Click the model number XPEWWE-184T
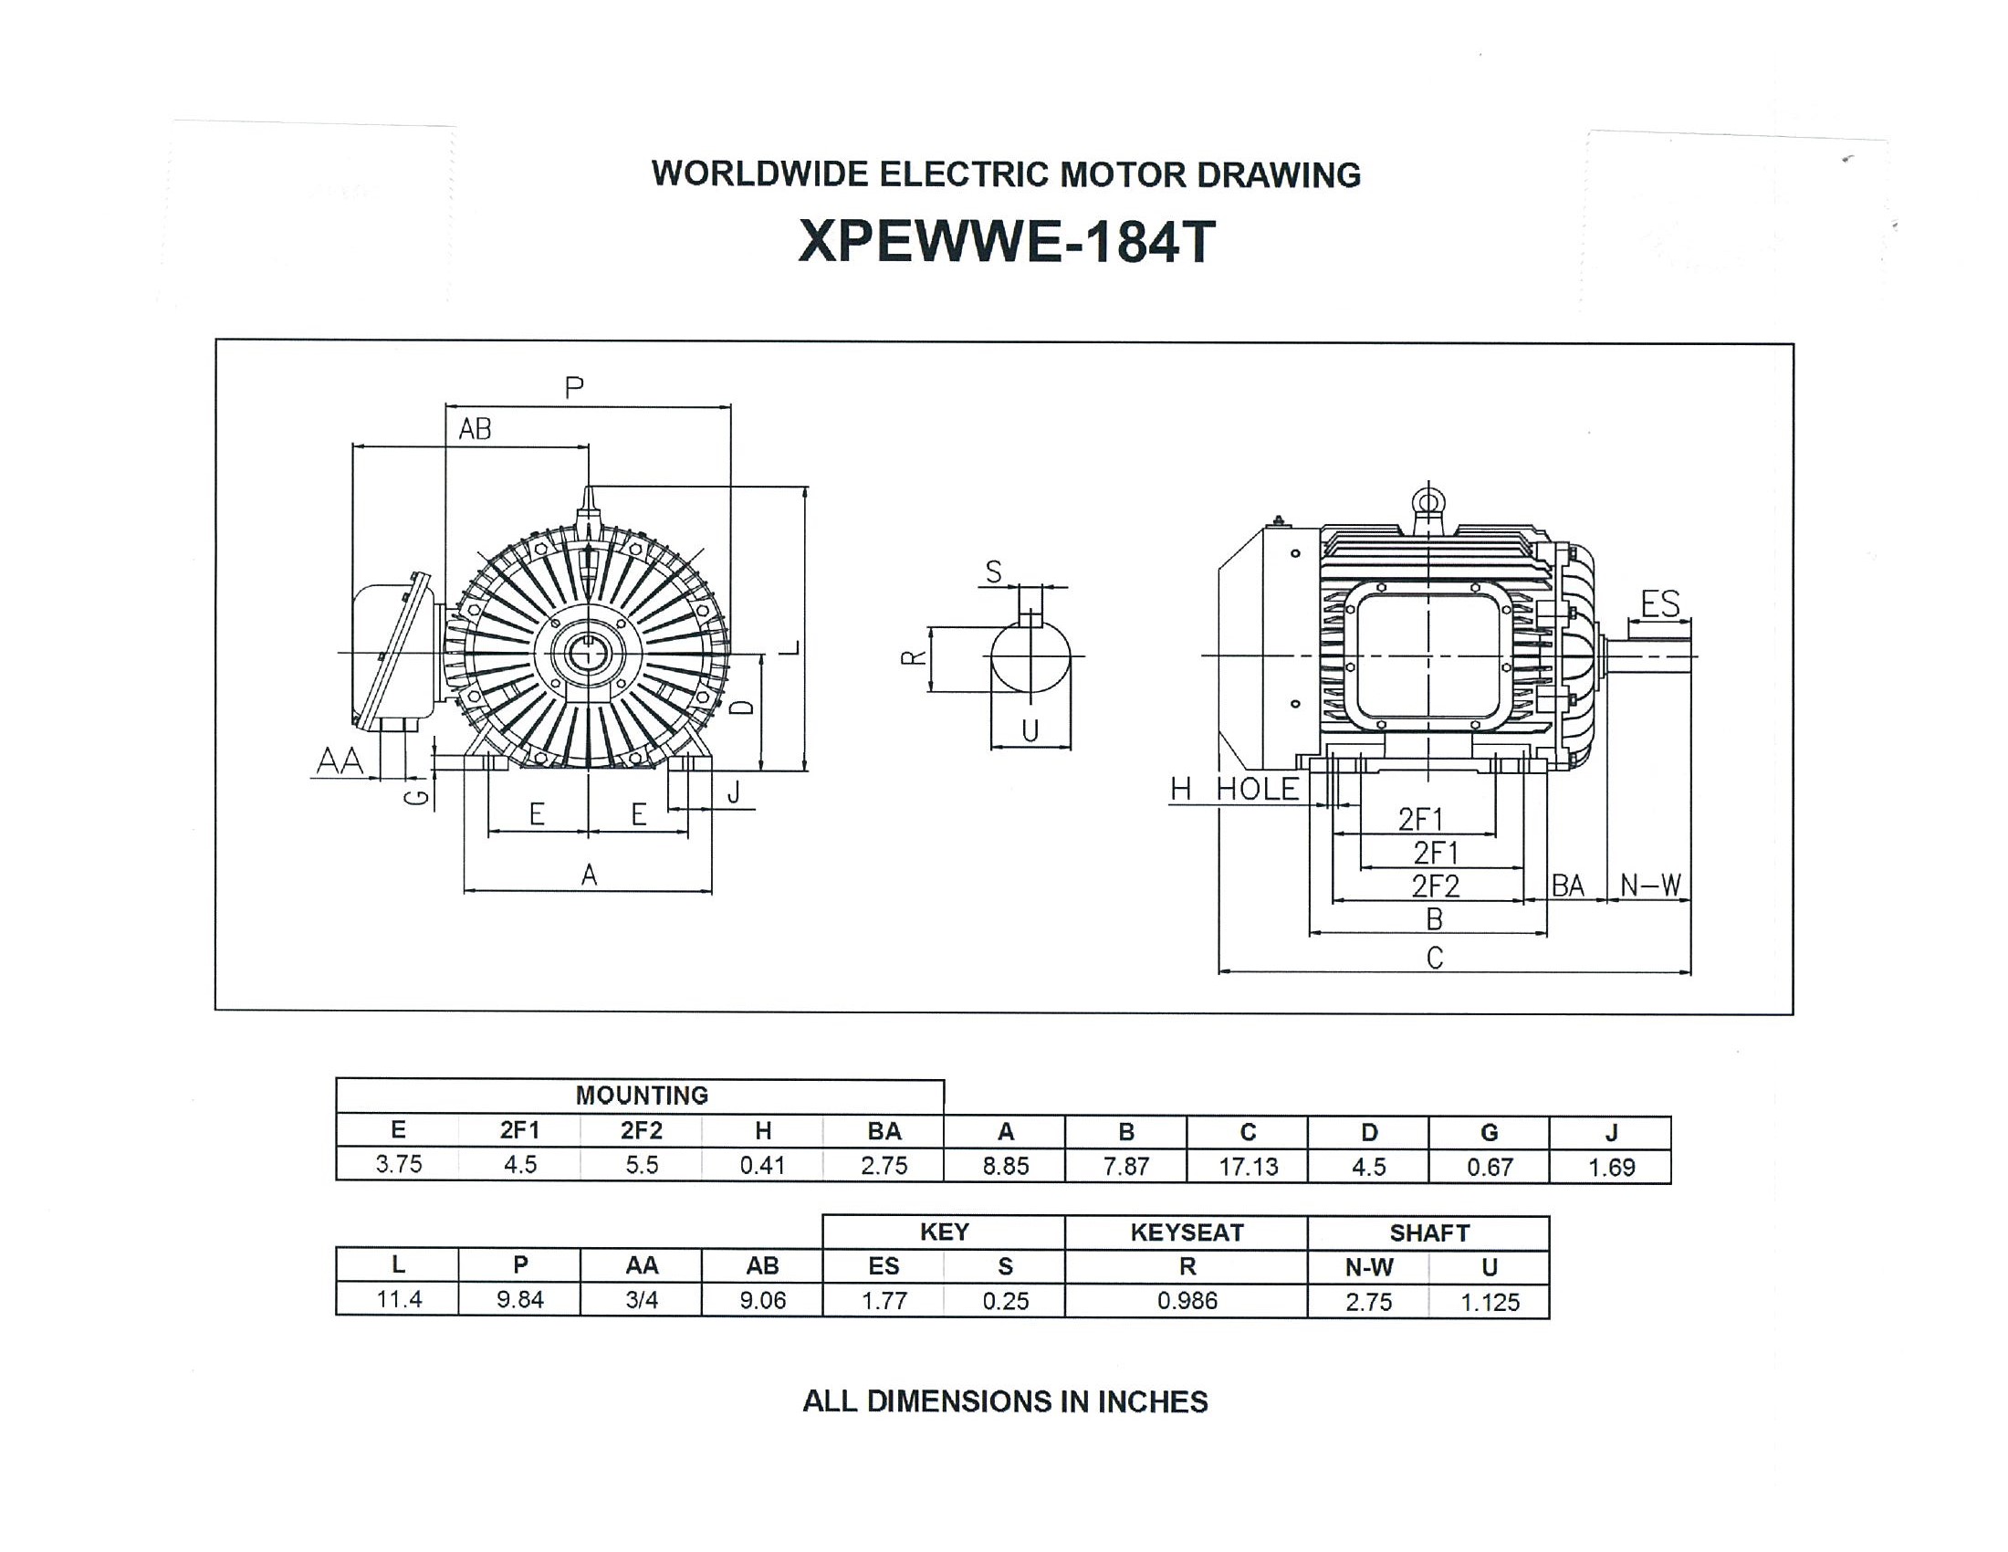tap(1006, 242)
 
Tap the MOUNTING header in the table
tap(641, 1095)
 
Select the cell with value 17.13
tap(1248, 1167)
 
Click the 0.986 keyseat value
tap(1187, 1301)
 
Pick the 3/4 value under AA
tap(641, 1300)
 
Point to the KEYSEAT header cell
tap(1187, 1233)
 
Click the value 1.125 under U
tap(1490, 1302)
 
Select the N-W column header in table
tap(1369, 1268)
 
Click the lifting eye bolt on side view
tap(1428, 502)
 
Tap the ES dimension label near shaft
tap(1659, 604)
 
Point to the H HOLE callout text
tap(1234, 789)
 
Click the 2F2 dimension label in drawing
tap(1435, 886)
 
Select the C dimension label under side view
tap(1434, 958)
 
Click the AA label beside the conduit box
tap(340, 761)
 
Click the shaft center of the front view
tap(587, 654)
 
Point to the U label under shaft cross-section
tap(1030, 731)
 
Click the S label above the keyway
tap(993, 572)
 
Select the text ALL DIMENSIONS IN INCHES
tap(1005, 1401)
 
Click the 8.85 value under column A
tap(1005, 1166)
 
